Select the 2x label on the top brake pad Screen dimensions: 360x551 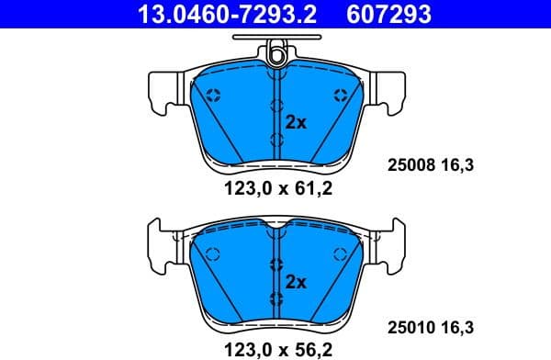(296, 121)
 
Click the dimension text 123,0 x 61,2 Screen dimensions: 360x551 (276, 190)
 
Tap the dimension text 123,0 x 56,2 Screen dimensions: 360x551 (276, 348)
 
